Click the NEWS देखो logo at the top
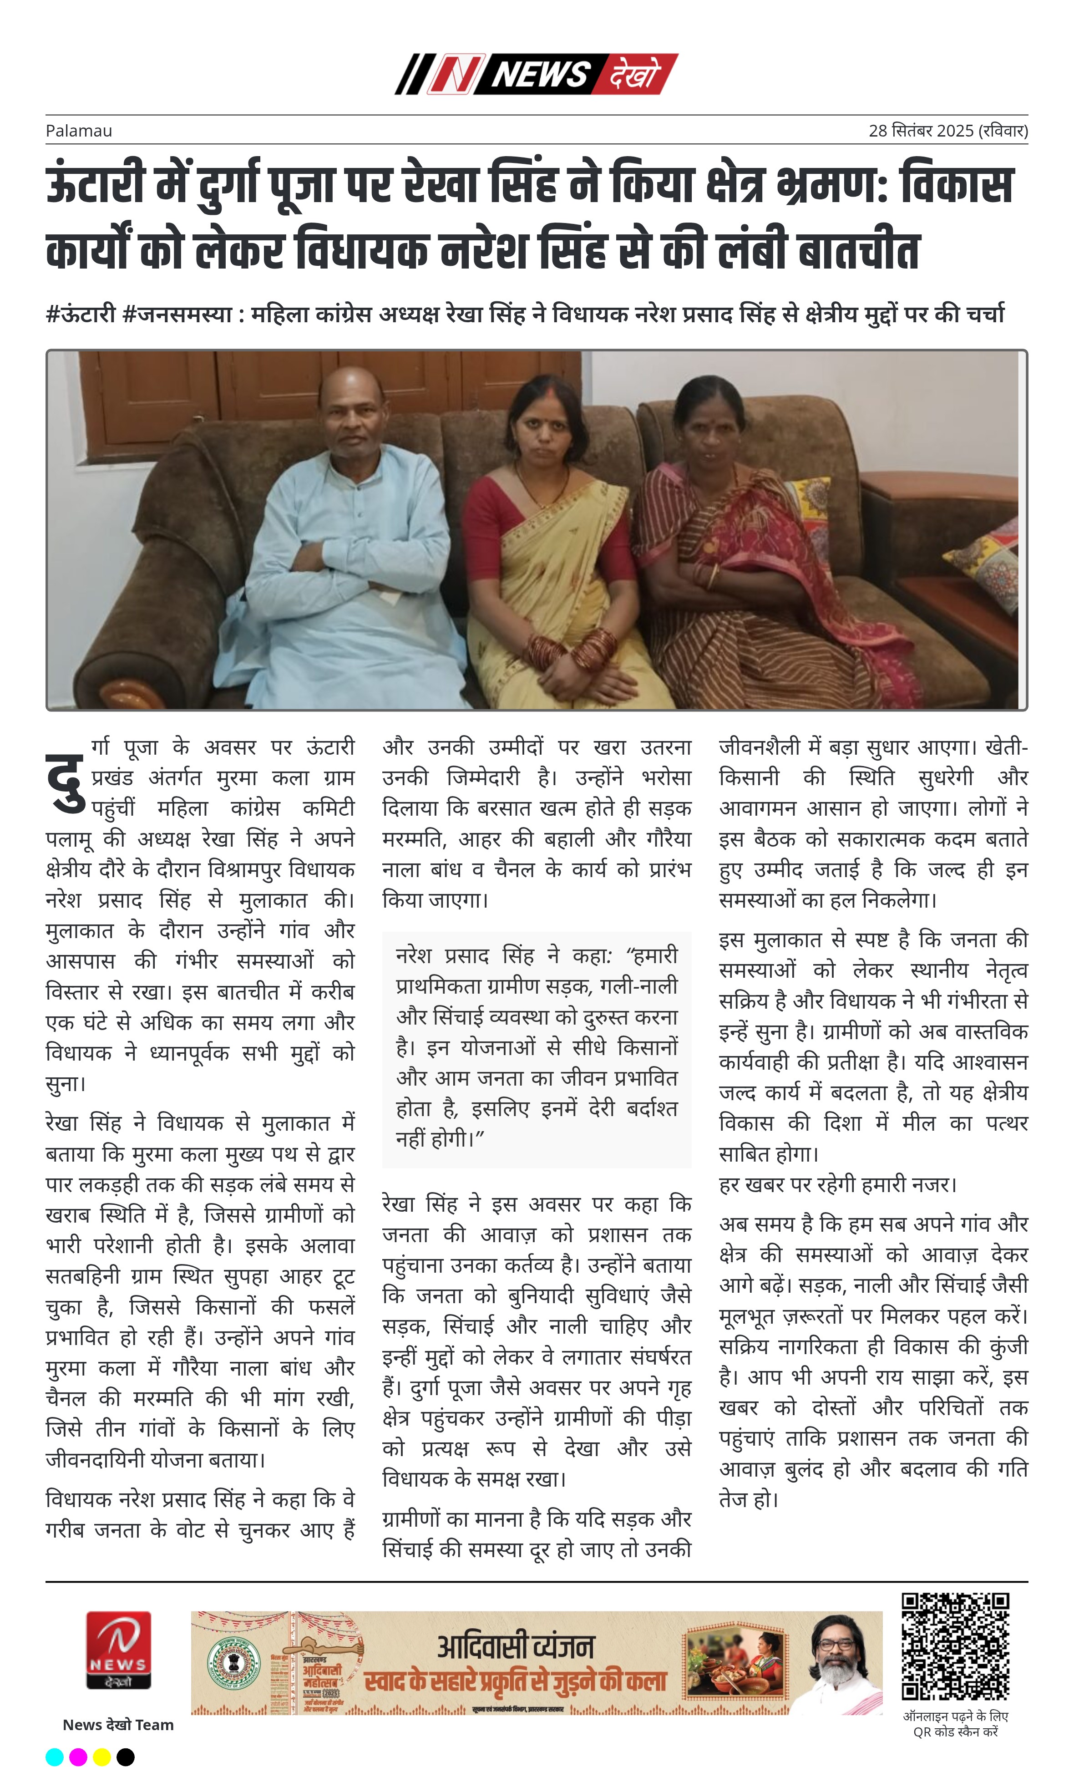[x=536, y=74]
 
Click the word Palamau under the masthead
[x=79, y=131]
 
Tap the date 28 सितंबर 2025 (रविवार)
[x=948, y=131]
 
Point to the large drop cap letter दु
[x=66, y=783]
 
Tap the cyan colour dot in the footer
[x=55, y=1756]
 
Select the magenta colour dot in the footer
[x=78, y=1756]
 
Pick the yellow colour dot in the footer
[x=102, y=1756]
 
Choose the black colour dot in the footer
[x=126, y=1756]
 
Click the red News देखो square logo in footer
[x=118, y=1650]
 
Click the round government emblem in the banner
[x=234, y=1664]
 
